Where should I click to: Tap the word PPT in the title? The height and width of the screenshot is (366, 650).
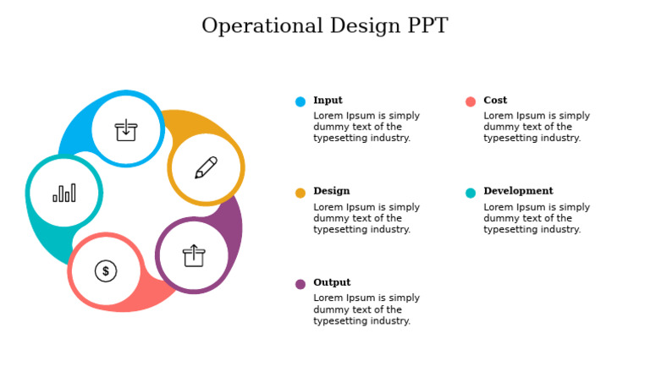click(x=421, y=26)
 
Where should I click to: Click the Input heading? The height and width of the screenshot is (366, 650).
click(x=328, y=100)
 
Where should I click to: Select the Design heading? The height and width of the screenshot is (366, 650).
click(x=331, y=191)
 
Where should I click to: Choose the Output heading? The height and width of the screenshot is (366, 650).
click(x=332, y=282)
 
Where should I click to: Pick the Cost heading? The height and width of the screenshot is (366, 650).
click(x=495, y=100)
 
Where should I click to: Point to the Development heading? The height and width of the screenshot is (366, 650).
click(x=518, y=191)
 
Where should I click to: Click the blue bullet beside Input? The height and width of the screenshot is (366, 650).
click(x=300, y=101)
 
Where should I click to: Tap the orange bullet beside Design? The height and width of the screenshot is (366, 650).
click(x=300, y=193)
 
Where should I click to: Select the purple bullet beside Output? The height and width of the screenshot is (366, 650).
click(x=300, y=284)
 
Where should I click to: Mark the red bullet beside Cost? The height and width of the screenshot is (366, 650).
click(x=471, y=101)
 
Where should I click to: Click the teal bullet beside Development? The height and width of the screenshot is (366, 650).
click(x=471, y=193)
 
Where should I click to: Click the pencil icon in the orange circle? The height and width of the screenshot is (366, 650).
click(x=206, y=167)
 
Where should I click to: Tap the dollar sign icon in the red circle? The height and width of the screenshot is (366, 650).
click(x=106, y=270)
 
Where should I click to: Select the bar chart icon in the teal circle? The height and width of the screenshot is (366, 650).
click(x=64, y=193)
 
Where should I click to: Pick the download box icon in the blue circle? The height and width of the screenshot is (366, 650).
click(x=126, y=129)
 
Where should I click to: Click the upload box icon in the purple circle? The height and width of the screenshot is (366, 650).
click(x=194, y=255)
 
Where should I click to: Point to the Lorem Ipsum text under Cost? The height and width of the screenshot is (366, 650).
click(x=537, y=127)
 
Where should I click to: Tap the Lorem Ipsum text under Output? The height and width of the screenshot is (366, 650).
click(x=366, y=309)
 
